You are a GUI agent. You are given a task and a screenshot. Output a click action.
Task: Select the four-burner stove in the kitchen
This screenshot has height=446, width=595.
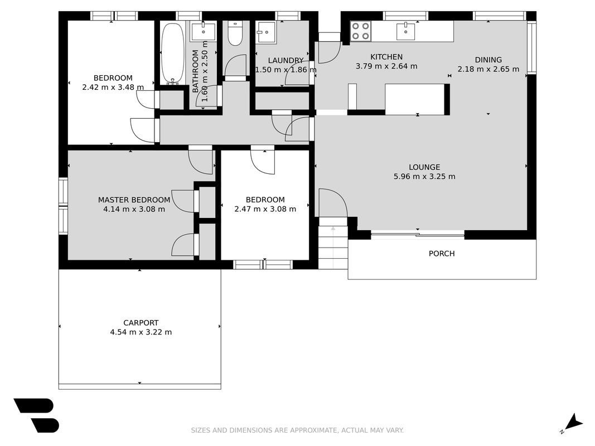pyautogui.click(x=360, y=31)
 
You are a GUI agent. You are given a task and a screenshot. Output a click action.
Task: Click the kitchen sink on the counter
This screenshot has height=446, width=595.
pyautogui.click(x=405, y=31)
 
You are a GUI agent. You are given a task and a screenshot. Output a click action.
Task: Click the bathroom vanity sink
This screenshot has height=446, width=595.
pyautogui.click(x=204, y=31)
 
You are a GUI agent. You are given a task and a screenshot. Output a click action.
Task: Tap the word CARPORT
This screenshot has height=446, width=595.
pyautogui.click(x=141, y=323)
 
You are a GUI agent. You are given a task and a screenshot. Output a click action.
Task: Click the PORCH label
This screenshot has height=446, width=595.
pyautogui.click(x=442, y=253)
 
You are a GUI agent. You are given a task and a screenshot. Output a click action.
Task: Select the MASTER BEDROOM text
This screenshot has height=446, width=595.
pyautogui.click(x=134, y=200)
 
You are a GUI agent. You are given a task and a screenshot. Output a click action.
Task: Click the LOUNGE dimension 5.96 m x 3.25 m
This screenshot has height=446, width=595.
pyautogui.click(x=424, y=176)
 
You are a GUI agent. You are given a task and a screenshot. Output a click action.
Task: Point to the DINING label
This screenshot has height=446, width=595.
pyautogui.click(x=488, y=60)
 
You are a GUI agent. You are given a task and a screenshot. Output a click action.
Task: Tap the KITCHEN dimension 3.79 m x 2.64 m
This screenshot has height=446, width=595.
pyautogui.click(x=386, y=66)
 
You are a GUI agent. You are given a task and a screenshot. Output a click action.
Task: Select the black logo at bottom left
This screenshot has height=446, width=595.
pyautogui.click(x=37, y=415)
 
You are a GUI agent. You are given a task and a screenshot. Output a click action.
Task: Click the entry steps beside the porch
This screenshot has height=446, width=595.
pyautogui.click(x=333, y=243)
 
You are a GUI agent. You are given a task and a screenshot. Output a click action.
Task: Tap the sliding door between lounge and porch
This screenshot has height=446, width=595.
pyautogui.click(x=418, y=235)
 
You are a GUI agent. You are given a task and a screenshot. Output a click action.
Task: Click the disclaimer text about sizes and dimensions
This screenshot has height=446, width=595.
pyautogui.click(x=297, y=430)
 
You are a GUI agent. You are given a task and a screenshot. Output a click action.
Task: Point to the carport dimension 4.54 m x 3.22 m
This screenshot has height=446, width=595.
pyautogui.click(x=141, y=332)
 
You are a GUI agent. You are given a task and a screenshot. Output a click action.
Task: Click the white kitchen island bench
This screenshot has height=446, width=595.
pyautogui.click(x=415, y=99)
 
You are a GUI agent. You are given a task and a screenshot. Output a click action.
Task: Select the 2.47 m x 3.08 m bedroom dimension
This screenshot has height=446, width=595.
pyautogui.click(x=265, y=209)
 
